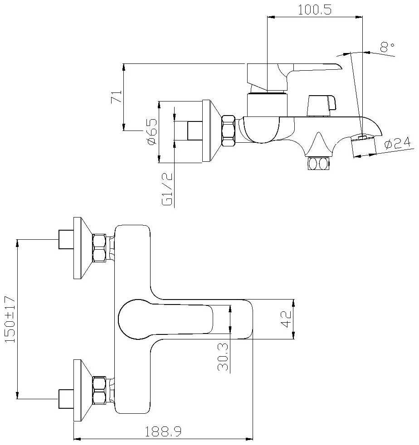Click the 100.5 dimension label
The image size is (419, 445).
coord(314,10)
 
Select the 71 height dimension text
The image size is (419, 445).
coord(116,97)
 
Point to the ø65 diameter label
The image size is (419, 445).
coord(151,131)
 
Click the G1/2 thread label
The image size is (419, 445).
coord(167,189)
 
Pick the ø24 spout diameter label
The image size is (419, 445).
coord(398,143)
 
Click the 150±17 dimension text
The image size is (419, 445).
coord(10,319)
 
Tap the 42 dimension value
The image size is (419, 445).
coord(286,319)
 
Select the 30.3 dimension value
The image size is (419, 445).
coord(223,357)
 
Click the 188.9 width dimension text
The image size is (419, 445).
coord(163,432)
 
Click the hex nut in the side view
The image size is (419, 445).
coord(228,131)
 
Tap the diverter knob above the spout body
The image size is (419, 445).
coord(322,106)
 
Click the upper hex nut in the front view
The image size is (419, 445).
coord(99,248)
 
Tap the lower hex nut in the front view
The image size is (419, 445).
coord(99,390)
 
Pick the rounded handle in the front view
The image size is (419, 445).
coord(166,319)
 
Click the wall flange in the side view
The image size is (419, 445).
coord(212,131)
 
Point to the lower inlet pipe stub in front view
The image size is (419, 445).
coord(66,399)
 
